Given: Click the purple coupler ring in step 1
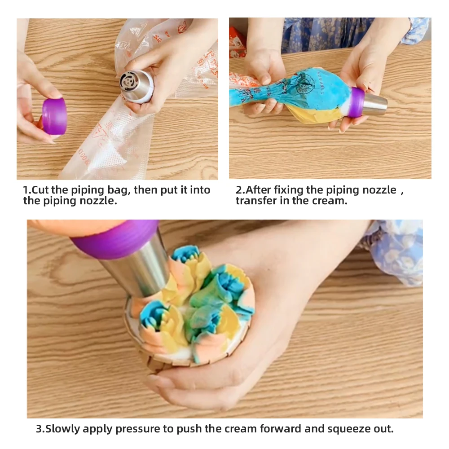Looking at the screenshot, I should point(54,116).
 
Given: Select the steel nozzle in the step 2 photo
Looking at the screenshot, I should point(374,105).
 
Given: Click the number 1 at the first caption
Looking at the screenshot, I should point(26,190).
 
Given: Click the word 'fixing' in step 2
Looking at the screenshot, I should point(287,190).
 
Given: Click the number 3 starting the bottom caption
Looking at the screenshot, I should point(39,429).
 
